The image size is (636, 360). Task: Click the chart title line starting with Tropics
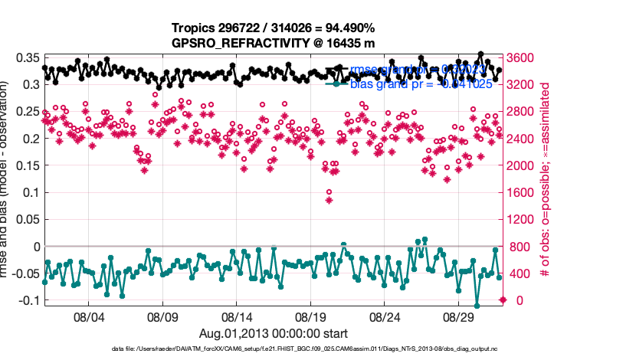point(274,29)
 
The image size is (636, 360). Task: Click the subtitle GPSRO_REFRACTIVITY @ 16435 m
point(274,44)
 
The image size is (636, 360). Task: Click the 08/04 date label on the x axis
point(87,316)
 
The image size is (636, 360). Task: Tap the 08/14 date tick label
point(237,316)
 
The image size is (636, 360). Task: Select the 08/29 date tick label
point(461,316)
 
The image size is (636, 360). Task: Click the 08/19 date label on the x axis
point(311,316)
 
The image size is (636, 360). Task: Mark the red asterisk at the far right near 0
point(503,299)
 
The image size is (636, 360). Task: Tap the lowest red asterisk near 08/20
point(329,200)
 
